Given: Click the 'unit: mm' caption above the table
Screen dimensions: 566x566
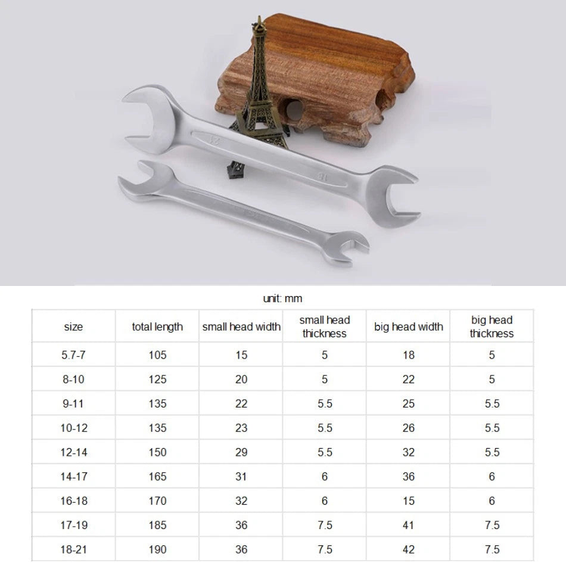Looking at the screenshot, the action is pos(282,298).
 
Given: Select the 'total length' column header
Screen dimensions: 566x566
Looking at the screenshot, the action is pos(157,326).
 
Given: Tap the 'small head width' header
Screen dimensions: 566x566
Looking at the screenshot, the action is pos(241,326).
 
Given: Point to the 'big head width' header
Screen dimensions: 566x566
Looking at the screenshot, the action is pos(408,326).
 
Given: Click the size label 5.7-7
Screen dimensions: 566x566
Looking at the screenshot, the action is pos(73,355).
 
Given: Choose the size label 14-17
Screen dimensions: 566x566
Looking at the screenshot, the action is pos(74,477).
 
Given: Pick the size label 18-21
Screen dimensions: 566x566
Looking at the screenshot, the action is pos(74,549).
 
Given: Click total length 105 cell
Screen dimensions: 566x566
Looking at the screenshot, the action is pos(157,355).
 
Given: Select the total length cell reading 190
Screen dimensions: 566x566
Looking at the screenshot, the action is pos(157,549).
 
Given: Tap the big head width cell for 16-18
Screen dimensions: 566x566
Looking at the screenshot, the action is pos(408,500).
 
